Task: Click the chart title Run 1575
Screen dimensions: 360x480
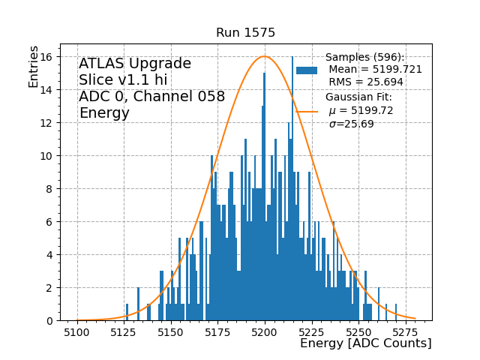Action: point(245,33)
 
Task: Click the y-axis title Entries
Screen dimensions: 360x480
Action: point(34,65)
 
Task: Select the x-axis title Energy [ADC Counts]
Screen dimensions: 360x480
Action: point(365,343)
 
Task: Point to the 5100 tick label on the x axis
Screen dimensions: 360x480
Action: point(78,331)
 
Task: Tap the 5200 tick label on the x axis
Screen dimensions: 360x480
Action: point(264,331)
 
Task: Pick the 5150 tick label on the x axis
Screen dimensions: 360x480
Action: point(171,331)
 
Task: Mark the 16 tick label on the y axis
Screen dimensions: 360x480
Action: point(47,57)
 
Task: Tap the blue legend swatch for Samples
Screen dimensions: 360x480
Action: point(307,70)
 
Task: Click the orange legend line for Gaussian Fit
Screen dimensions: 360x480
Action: point(307,111)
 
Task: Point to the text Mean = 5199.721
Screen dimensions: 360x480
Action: point(375,70)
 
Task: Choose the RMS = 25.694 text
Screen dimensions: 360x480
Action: point(366,82)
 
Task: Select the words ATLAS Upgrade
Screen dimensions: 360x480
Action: point(135,64)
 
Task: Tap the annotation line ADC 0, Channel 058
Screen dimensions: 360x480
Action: point(151,97)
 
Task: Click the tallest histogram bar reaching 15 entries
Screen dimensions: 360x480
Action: point(264,195)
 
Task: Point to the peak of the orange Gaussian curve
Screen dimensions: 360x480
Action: point(264,57)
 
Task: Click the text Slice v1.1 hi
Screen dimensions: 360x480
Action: point(123,80)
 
